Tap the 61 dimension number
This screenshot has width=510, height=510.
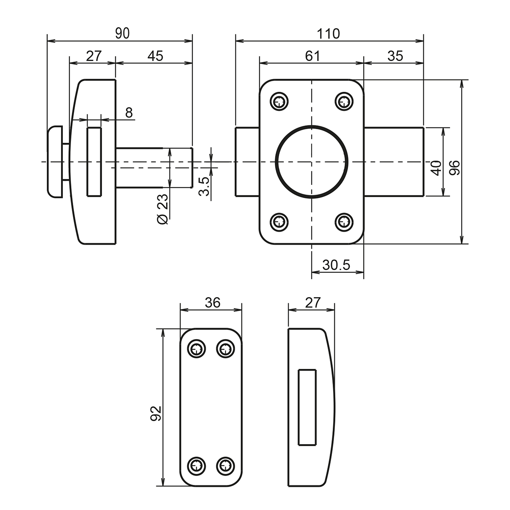[312, 56]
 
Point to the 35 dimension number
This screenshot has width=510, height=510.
[395, 56]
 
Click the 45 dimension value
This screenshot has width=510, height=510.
[155, 56]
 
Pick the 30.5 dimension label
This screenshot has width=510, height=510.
[336, 265]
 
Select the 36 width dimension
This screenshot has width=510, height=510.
[212, 303]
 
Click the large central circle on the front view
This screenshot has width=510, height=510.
[312, 162]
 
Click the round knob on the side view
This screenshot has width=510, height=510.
[55, 162]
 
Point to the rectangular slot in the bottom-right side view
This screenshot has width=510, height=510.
[307, 407]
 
